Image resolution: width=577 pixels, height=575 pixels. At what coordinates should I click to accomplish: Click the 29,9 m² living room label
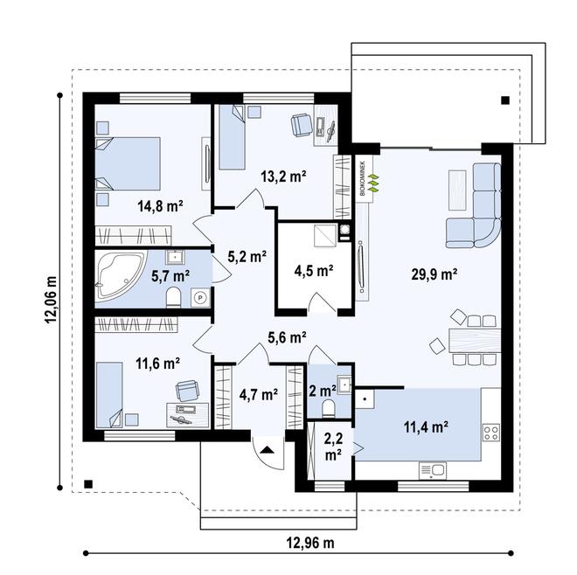pyautogui.click(x=434, y=274)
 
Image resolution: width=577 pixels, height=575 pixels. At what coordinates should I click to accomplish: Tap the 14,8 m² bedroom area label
pyautogui.click(x=161, y=206)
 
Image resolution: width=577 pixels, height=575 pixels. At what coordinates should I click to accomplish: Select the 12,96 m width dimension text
pyautogui.click(x=310, y=543)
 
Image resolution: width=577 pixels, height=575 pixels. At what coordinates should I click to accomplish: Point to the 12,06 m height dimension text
pyautogui.click(x=52, y=300)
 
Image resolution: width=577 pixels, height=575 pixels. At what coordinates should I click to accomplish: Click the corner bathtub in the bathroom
pyautogui.click(x=119, y=274)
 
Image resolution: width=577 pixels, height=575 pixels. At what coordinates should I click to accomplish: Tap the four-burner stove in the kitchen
pyautogui.click(x=491, y=433)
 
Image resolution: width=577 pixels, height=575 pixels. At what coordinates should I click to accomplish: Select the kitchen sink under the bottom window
pyautogui.click(x=433, y=470)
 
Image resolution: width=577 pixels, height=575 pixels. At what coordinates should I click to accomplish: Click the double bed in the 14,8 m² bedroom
pyautogui.click(x=128, y=164)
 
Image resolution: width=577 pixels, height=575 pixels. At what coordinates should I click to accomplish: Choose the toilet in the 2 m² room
pyautogui.click(x=328, y=409)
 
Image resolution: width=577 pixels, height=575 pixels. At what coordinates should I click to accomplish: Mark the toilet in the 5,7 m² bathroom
pyautogui.click(x=173, y=298)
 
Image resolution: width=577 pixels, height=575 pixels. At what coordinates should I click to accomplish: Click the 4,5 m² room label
pyautogui.click(x=314, y=271)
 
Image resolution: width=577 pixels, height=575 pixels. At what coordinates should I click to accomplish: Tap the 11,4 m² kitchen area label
pyautogui.click(x=426, y=427)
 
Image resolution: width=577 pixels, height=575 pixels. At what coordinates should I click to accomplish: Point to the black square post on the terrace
pyautogui.click(x=505, y=100)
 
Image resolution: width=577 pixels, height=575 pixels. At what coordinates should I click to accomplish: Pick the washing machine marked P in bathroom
pyautogui.click(x=200, y=298)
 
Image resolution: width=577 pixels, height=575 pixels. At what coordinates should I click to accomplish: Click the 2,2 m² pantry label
pyautogui.click(x=333, y=447)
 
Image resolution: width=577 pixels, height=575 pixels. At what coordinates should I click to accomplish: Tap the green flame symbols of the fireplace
pyautogui.click(x=374, y=183)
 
